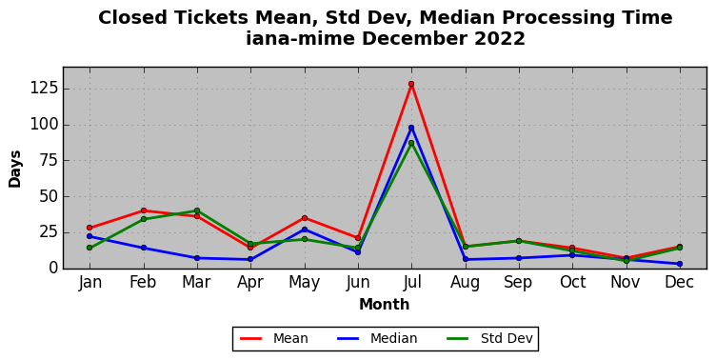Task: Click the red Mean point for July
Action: pos(411,84)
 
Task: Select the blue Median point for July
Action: pos(411,128)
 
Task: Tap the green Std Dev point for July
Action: pos(411,143)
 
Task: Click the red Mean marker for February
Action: pos(144,210)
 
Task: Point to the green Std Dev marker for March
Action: pos(197,210)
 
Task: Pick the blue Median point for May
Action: pos(305,230)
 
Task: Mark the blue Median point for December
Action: pos(680,264)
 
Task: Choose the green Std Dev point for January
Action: pos(89,248)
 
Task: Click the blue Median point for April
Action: pos(250,259)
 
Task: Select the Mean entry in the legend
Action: pos(274,338)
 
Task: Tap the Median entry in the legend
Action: pos(377,338)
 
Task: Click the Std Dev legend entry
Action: pos(489,338)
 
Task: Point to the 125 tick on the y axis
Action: pos(45,89)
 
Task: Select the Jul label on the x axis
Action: pos(412,282)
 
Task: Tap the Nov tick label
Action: pos(626,282)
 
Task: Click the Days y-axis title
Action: pos(14,169)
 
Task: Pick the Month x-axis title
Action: pos(385,304)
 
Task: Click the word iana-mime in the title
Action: pos(301,38)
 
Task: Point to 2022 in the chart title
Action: pos(500,38)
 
